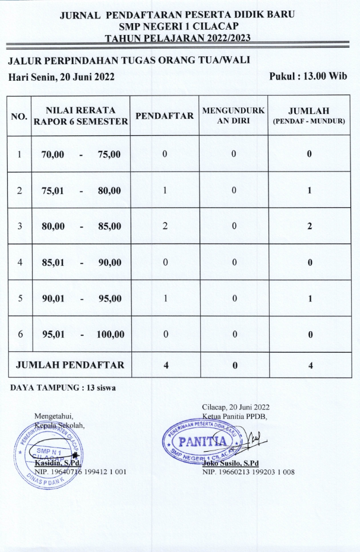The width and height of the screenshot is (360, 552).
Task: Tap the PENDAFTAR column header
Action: click(165, 116)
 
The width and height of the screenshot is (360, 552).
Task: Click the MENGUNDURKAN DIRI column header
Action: click(234, 116)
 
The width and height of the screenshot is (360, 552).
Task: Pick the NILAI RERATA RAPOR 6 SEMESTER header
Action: click(81, 116)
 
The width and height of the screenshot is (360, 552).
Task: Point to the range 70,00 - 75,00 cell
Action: click(81, 154)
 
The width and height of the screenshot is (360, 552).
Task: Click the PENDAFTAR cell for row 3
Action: click(165, 226)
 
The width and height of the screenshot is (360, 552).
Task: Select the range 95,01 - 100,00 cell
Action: click(83, 335)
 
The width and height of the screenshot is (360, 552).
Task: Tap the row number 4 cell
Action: click(20, 262)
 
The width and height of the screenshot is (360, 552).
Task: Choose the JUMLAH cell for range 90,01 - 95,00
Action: click(309, 299)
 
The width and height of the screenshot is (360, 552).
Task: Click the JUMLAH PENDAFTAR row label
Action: click(70, 365)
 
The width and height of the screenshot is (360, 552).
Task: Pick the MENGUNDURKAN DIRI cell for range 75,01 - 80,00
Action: click(234, 191)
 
